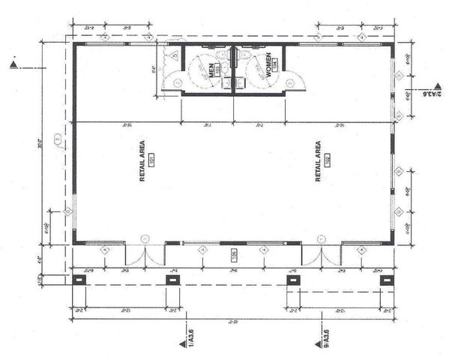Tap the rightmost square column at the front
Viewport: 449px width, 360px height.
pyautogui.click(x=387, y=280)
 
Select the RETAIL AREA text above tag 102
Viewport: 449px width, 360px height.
pyautogui.click(x=319, y=159)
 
